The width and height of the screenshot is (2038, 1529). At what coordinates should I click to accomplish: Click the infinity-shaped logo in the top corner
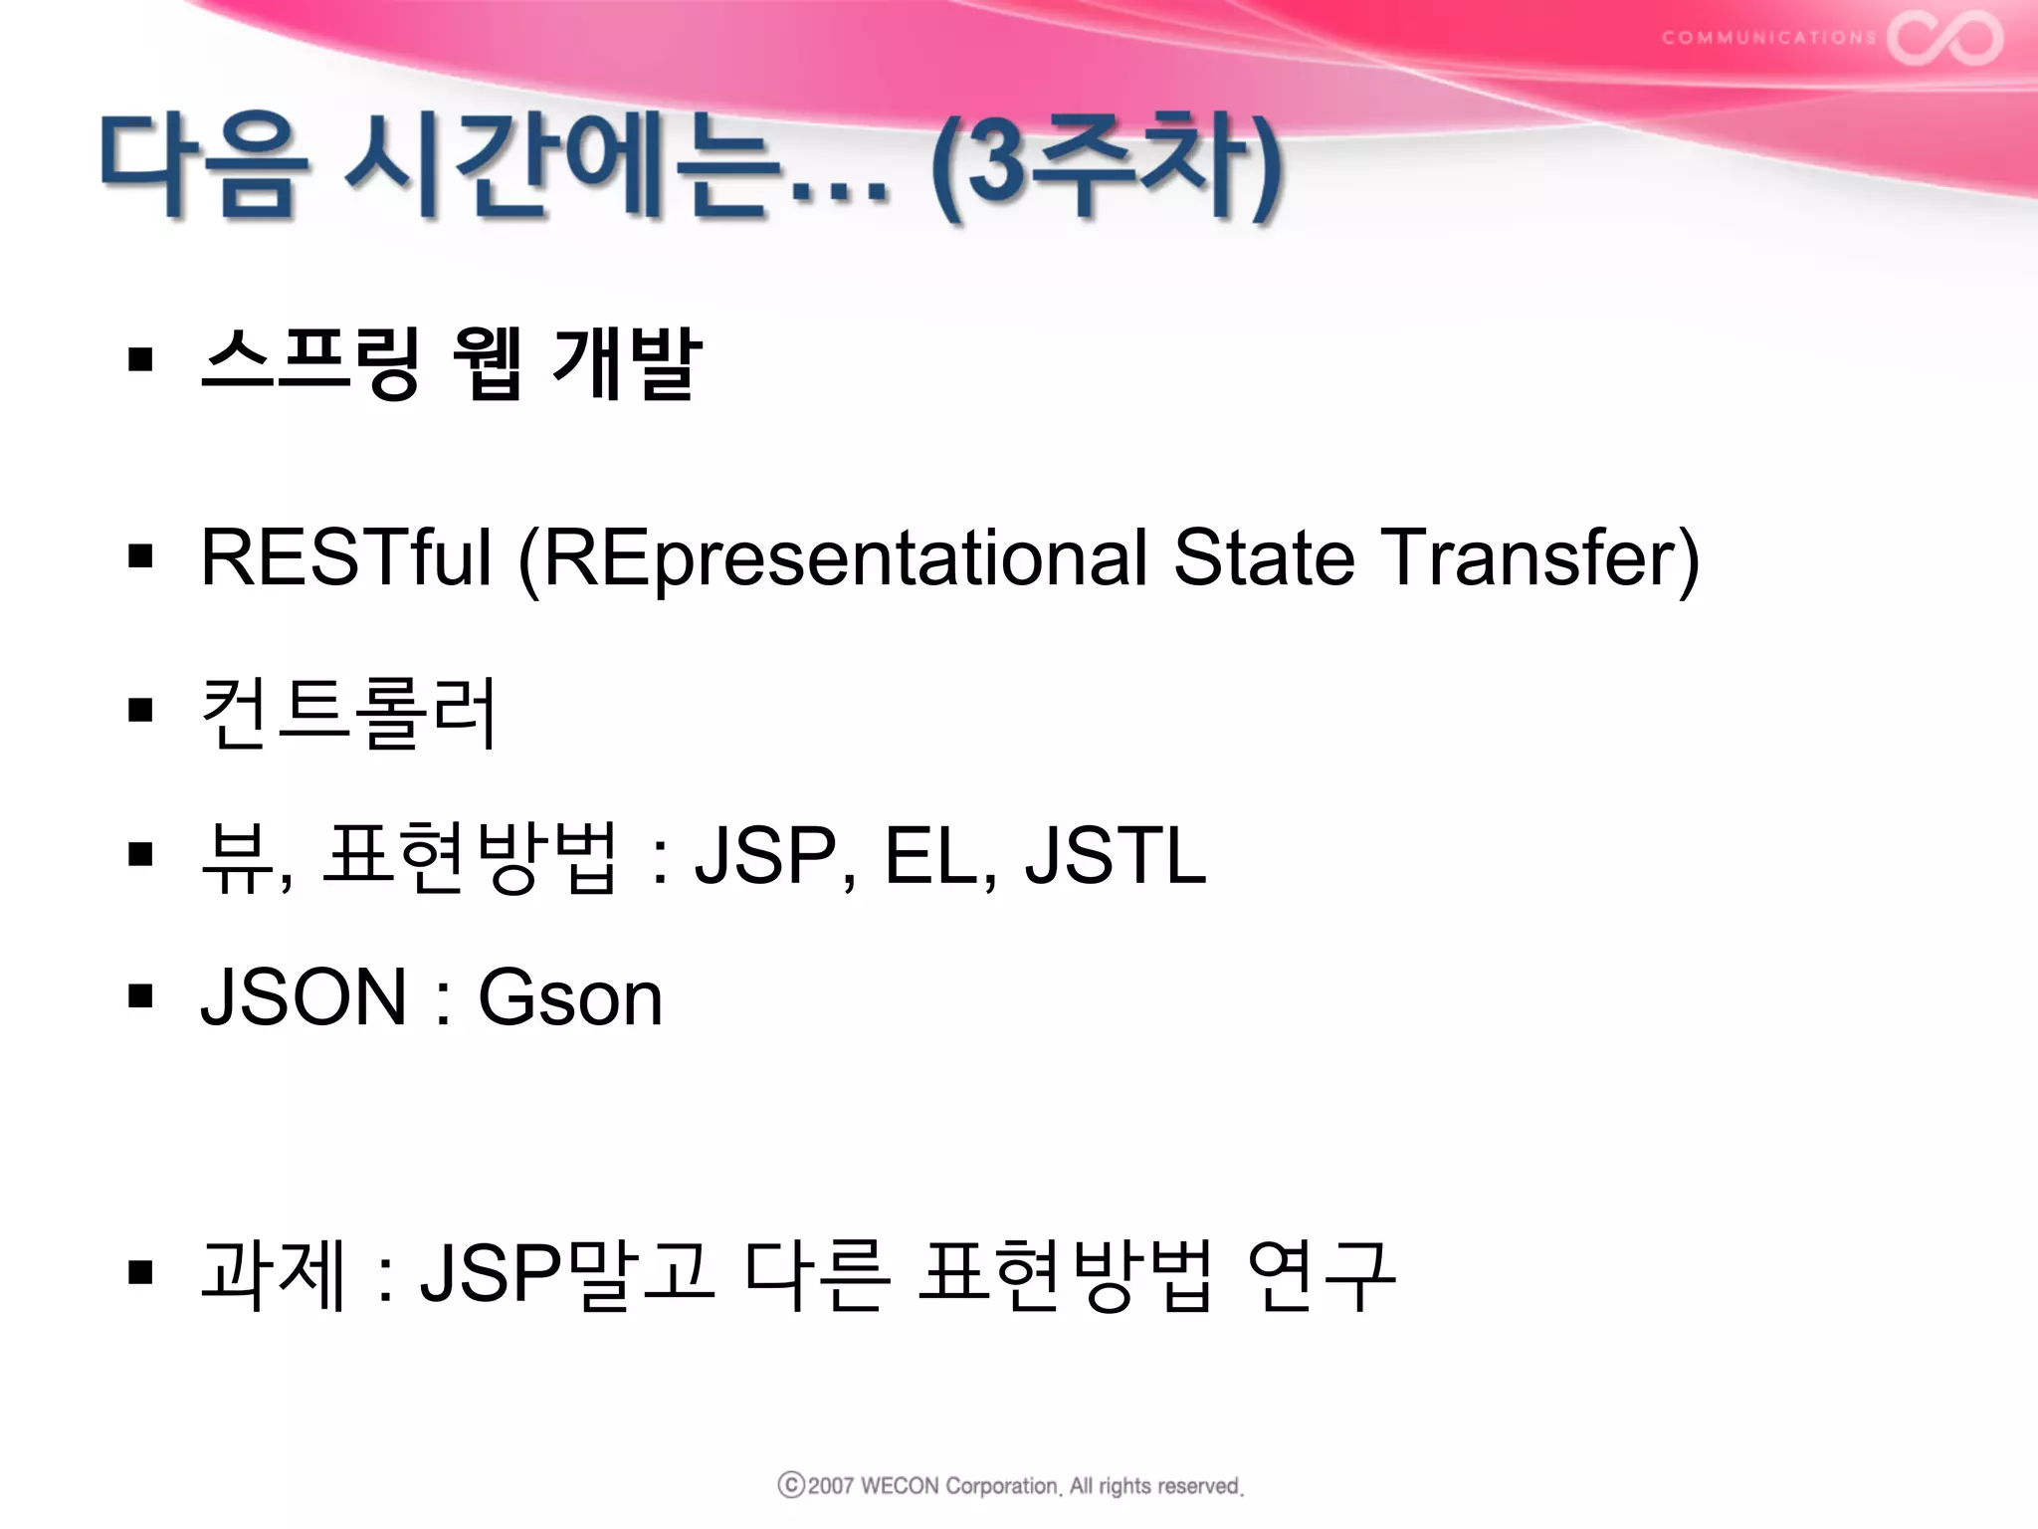1944,38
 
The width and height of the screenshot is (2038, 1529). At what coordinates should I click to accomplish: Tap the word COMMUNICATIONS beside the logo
1768,38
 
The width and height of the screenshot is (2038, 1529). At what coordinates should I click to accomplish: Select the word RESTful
345,557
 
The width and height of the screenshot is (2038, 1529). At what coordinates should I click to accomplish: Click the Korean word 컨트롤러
348,713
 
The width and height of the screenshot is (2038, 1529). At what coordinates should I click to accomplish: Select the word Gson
570,997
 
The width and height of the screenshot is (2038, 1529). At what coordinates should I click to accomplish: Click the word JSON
304,997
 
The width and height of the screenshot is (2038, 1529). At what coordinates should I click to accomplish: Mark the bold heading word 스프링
310,362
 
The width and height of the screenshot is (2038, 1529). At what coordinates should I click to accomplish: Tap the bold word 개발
627,362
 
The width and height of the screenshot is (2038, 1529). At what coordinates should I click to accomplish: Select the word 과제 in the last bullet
274,1274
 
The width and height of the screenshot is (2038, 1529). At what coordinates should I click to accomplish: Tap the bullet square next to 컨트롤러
141,711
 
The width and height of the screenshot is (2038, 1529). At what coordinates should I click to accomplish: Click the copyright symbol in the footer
791,1485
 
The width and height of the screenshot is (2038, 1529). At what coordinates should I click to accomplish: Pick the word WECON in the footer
899,1486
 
